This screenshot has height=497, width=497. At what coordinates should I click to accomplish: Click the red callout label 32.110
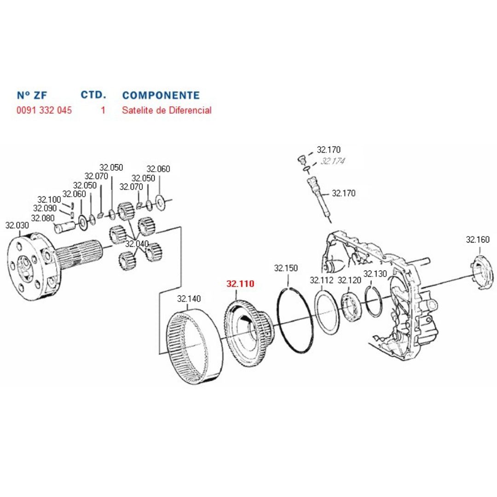click(x=240, y=284)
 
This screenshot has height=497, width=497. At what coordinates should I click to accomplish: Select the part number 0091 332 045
click(x=44, y=110)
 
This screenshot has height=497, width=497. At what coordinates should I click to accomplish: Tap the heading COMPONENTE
click(x=161, y=96)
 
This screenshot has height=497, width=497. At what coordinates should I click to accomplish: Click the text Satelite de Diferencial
click(x=167, y=110)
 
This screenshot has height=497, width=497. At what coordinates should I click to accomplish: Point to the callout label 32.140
click(x=189, y=299)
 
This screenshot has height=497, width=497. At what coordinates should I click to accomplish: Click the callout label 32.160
click(x=478, y=240)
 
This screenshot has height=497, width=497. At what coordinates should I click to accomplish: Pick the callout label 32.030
click(x=17, y=225)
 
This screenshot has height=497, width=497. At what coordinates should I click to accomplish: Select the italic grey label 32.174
click(x=333, y=161)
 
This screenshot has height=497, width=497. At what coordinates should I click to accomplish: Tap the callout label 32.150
click(x=286, y=268)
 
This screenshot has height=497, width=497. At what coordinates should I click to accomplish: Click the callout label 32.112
click(x=321, y=280)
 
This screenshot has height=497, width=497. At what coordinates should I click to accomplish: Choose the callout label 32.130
click(x=375, y=274)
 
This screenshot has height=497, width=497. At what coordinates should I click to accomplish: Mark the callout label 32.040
click(x=137, y=243)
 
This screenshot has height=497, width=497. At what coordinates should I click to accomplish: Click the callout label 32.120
click(x=350, y=280)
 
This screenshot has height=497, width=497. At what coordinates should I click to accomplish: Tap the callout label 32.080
click(x=43, y=218)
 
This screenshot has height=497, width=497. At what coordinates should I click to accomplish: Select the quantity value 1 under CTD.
click(x=103, y=110)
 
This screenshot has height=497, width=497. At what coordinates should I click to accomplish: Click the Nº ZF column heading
click(x=32, y=96)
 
